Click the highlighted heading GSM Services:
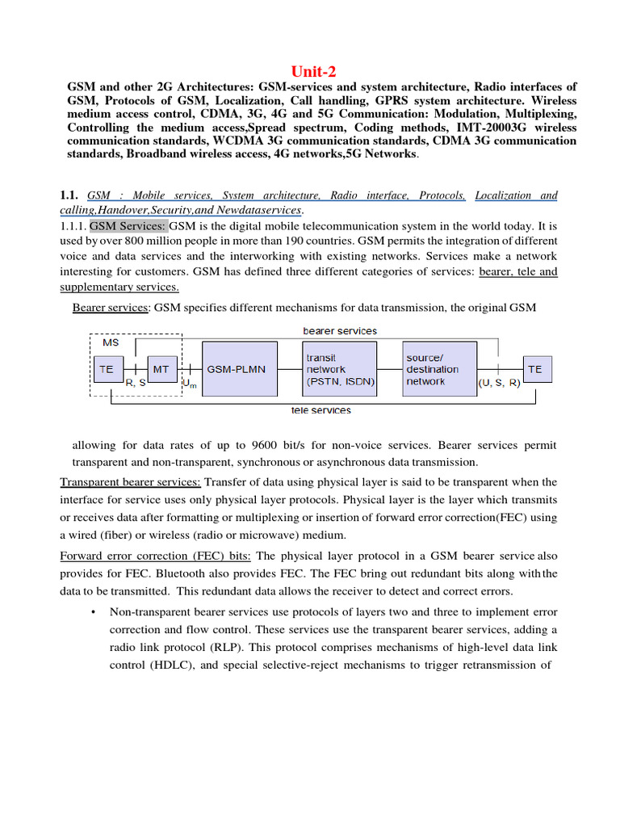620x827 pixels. pyautogui.click(x=127, y=225)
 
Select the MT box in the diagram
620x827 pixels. pyautogui.click(x=161, y=369)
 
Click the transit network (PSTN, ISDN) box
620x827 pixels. pyautogui.click(x=339, y=369)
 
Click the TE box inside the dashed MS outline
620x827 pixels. pyautogui.click(x=107, y=369)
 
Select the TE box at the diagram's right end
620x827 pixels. pyautogui.click(x=534, y=369)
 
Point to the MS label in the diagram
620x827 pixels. pyautogui.click(x=111, y=343)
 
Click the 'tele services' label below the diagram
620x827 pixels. pyautogui.click(x=320, y=411)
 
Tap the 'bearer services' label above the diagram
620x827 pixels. pyautogui.click(x=339, y=331)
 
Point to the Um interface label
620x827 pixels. pyautogui.click(x=191, y=385)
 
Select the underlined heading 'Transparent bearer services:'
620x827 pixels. pyautogui.click(x=130, y=482)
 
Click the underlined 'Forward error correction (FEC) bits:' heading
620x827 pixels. pyautogui.click(x=155, y=556)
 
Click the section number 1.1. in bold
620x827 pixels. pyautogui.click(x=69, y=196)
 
